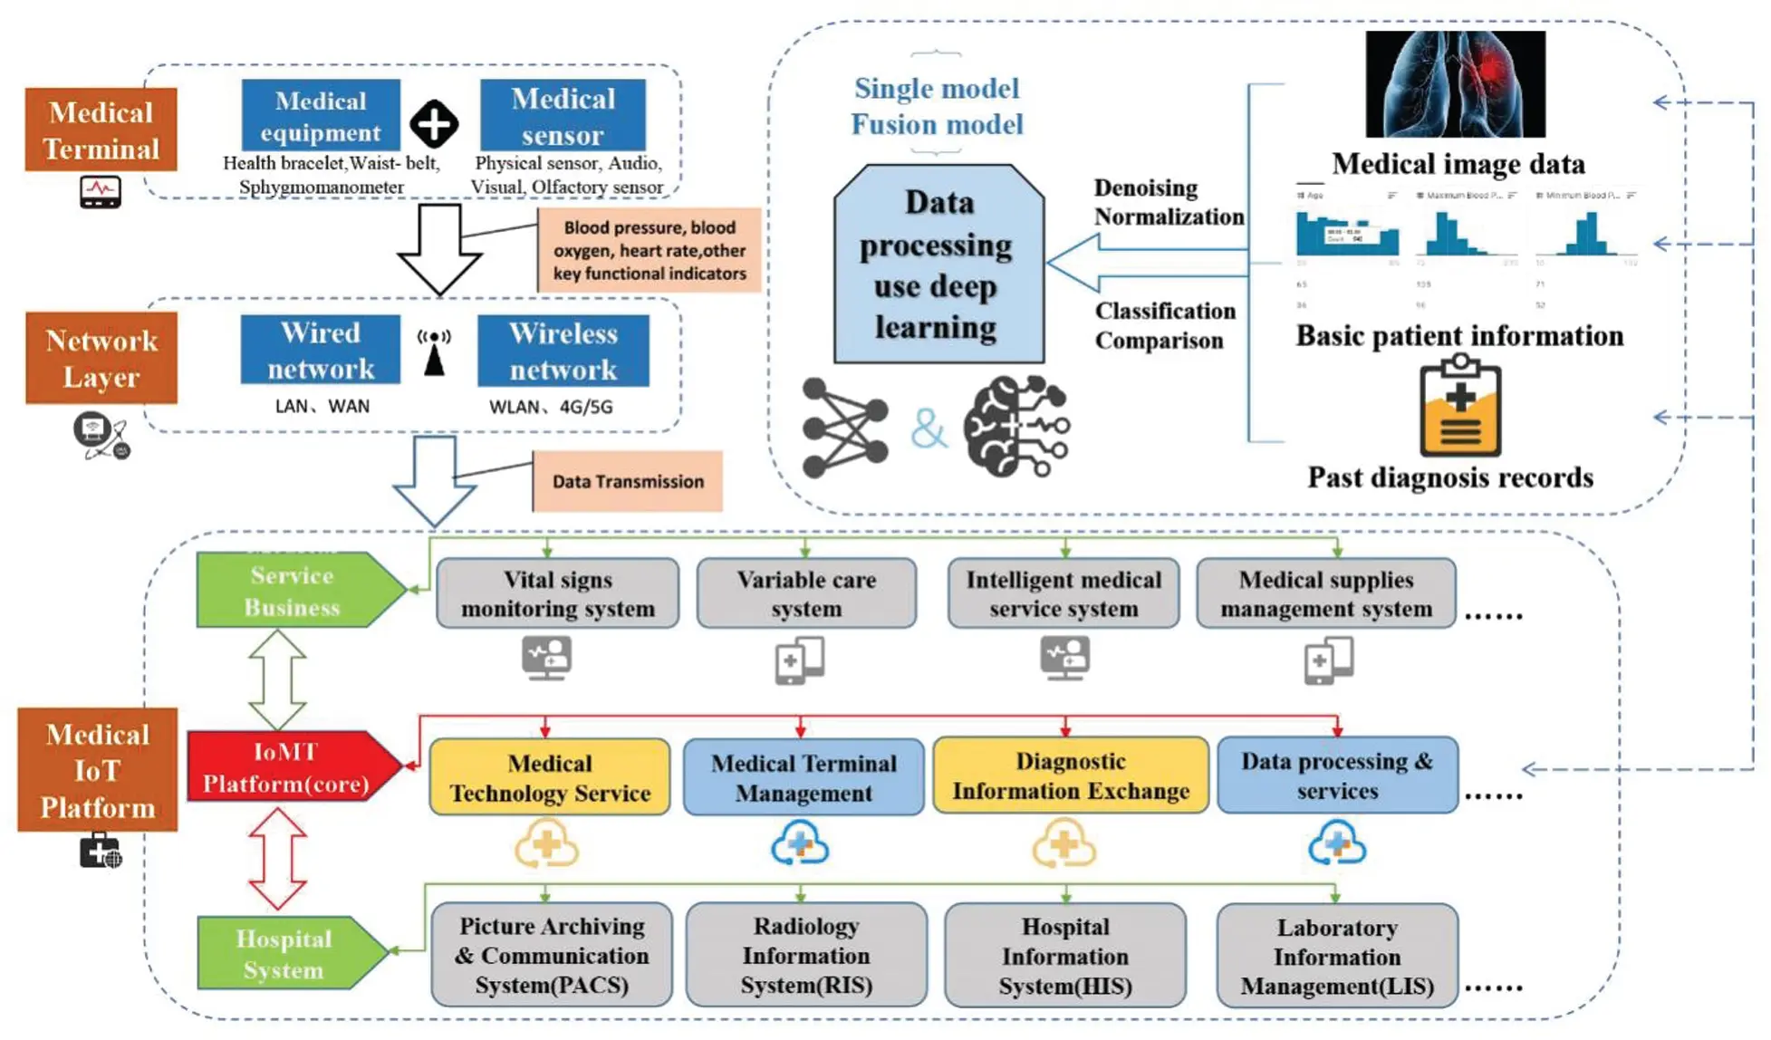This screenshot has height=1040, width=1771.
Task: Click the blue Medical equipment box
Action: pyautogui.click(x=320, y=115)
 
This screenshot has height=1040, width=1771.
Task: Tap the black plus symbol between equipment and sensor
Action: pyautogui.click(x=434, y=123)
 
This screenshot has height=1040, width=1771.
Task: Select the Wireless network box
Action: pyautogui.click(x=563, y=351)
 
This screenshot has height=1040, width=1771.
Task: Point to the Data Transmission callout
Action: pyautogui.click(x=627, y=481)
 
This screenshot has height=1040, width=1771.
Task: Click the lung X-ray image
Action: pyautogui.click(x=1455, y=84)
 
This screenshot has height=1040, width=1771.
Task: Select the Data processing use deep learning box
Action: pyautogui.click(x=938, y=265)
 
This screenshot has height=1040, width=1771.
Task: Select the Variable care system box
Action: pyautogui.click(x=805, y=593)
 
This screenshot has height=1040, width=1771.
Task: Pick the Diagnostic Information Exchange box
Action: pyautogui.click(x=1070, y=775)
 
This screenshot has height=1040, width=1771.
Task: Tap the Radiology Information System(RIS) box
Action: pyautogui.click(x=805, y=955)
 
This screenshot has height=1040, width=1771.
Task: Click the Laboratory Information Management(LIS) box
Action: pyautogui.click(x=1336, y=956)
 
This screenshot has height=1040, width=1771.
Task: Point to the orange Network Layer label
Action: pyautogui.click(x=101, y=358)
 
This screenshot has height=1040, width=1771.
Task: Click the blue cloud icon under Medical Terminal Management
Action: pyautogui.click(x=800, y=844)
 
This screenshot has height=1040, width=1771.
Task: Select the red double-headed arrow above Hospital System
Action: pyautogui.click(x=277, y=858)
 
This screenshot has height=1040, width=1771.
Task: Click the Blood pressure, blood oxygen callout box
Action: pyautogui.click(x=649, y=250)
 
